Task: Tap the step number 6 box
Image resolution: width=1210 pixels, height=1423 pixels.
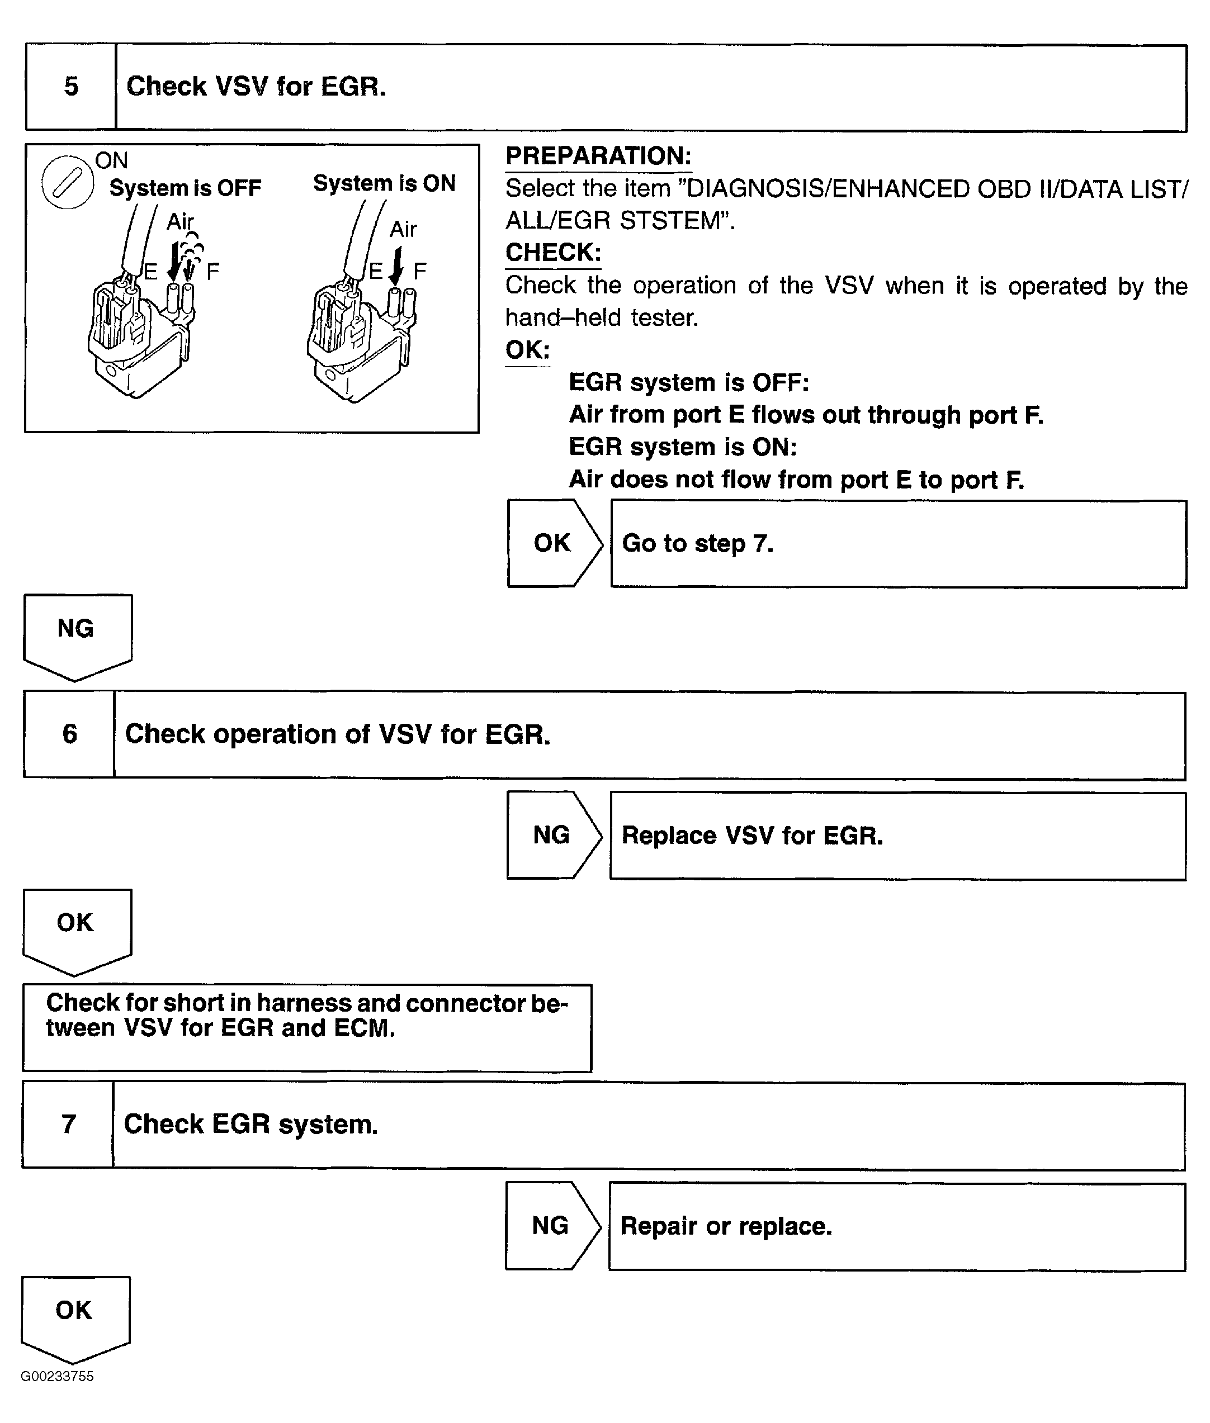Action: (x=69, y=734)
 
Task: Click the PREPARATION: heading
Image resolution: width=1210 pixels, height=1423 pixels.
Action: (x=598, y=156)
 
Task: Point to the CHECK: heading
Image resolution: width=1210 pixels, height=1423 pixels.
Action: (x=553, y=253)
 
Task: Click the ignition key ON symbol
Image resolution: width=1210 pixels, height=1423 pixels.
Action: (x=67, y=182)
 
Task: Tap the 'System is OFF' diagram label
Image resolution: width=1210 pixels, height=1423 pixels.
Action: (x=185, y=188)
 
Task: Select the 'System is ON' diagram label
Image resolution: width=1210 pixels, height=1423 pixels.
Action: (x=384, y=183)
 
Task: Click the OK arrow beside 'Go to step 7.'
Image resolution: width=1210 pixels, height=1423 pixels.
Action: (x=553, y=543)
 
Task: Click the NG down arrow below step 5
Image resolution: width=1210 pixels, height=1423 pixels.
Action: (x=77, y=634)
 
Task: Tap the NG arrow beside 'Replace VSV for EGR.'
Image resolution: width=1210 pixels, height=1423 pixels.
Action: (x=552, y=835)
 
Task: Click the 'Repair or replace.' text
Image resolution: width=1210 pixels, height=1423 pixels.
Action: (x=726, y=1226)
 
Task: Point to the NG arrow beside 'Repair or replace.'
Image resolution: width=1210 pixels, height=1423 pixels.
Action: (x=551, y=1226)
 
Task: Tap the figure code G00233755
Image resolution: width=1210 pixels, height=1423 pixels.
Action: (x=57, y=1377)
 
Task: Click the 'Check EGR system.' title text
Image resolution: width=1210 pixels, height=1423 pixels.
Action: (x=250, y=1124)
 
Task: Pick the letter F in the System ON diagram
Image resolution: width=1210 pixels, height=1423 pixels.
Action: (x=420, y=271)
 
